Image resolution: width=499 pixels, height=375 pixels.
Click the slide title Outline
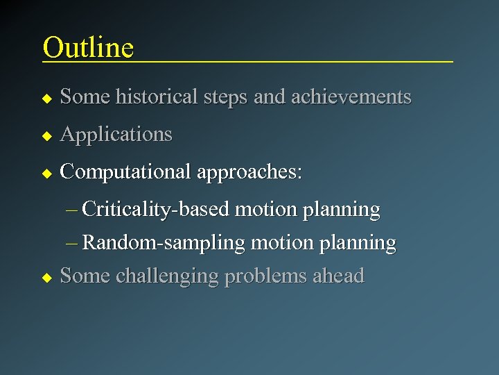click(x=88, y=47)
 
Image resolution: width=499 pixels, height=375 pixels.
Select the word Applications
click(x=116, y=135)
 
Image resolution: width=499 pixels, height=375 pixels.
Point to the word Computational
click(x=126, y=172)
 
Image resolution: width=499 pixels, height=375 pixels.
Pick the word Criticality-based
click(x=156, y=210)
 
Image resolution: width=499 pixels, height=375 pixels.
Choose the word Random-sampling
click(x=164, y=243)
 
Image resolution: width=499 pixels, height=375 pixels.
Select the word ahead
click(x=338, y=276)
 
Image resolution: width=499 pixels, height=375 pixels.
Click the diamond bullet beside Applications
click(x=46, y=135)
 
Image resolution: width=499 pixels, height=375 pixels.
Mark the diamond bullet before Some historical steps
click(x=46, y=98)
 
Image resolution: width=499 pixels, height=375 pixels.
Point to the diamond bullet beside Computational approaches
click(x=46, y=173)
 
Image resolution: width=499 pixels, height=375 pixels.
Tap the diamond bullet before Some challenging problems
click(x=46, y=277)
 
